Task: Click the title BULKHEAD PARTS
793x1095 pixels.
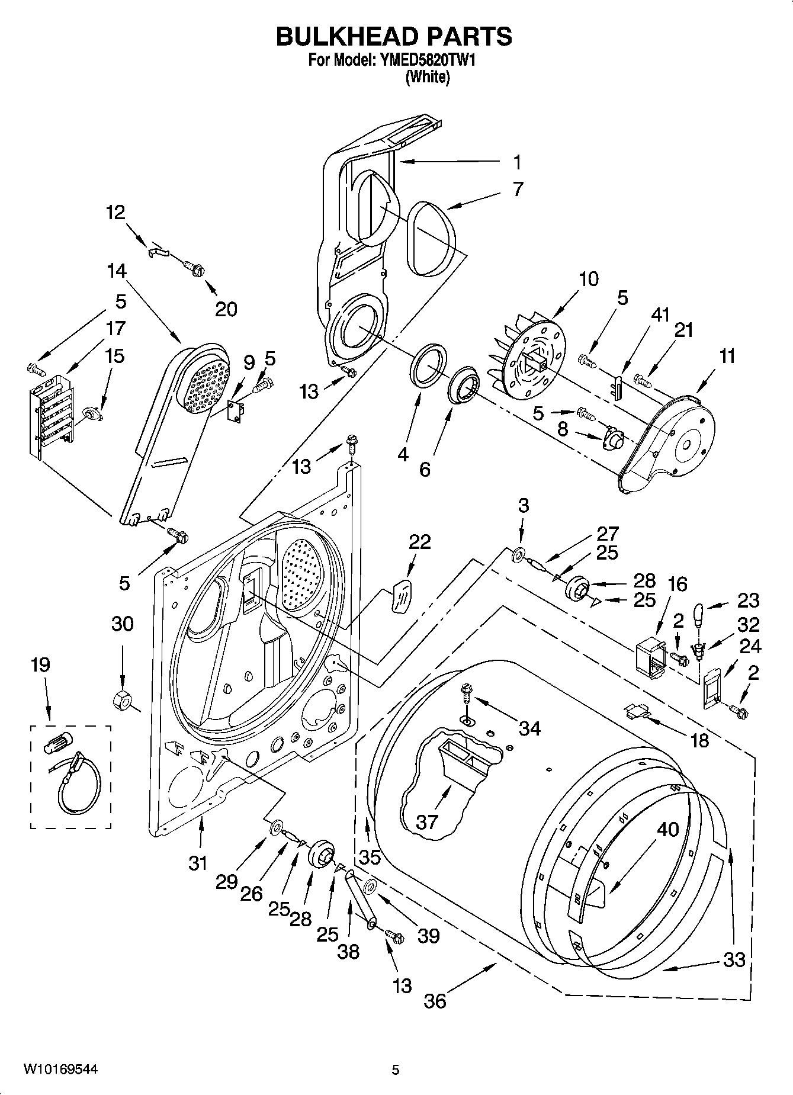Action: point(394,37)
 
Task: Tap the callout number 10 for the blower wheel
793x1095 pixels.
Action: point(588,278)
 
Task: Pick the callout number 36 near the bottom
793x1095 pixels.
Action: point(435,1000)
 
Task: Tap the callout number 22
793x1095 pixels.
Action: point(420,542)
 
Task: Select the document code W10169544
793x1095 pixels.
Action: point(60,1069)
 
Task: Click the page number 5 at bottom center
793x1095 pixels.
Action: point(396,1070)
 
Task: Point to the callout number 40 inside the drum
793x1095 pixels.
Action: point(667,829)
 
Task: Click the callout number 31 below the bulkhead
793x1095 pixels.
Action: point(198,863)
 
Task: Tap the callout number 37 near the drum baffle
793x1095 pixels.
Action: point(427,821)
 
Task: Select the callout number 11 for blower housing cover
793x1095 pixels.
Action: point(727,356)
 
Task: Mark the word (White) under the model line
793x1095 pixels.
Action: point(427,78)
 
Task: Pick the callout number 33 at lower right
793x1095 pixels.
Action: point(734,959)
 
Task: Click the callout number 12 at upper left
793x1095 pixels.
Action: point(115,212)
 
